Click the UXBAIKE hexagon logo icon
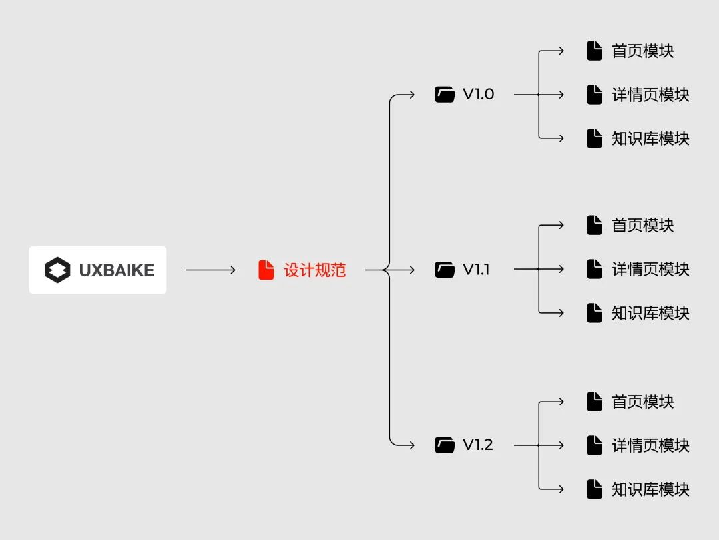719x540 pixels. tap(57, 270)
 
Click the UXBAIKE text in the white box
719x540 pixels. tap(117, 270)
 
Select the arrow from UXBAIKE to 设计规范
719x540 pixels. tap(210, 270)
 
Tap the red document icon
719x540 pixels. tap(266, 270)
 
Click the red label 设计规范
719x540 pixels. tap(314, 270)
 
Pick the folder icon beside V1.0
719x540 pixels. tap(445, 94)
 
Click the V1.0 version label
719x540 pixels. tap(478, 94)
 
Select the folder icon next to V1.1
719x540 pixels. tap(445, 269)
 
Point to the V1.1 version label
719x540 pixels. tap(476, 269)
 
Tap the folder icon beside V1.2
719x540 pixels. tap(445, 445)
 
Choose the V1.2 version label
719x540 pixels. tap(478, 445)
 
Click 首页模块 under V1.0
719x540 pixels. tap(643, 51)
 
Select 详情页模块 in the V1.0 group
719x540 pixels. tap(650, 95)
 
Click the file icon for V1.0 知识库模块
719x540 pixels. tap(595, 138)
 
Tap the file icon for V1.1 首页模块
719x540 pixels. tap(595, 225)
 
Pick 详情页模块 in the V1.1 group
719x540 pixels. tap(650, 269)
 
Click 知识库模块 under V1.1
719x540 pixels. tap(650, 313)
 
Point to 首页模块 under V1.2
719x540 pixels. tap(643, 402)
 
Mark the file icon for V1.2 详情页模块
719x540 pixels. tap(595, 445)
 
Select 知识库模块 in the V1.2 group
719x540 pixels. tap(650, 489)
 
